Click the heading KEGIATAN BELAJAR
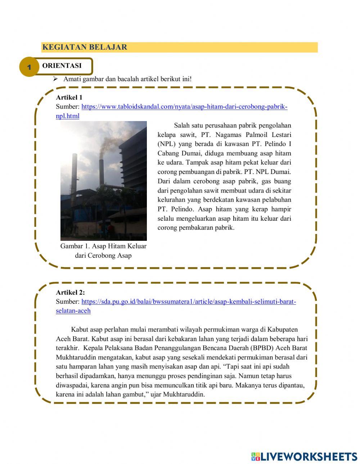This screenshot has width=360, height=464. click(85, 47)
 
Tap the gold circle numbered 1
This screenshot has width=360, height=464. click(29, 67)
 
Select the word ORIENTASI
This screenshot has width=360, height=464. click(62, 65)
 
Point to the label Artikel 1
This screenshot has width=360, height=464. click(69, 97)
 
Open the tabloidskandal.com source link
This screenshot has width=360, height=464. click(184, 107)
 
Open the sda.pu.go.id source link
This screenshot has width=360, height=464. click(188, 302)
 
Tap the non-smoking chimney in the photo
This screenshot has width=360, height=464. click(75, 173)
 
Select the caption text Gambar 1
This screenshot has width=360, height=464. click(103, 246)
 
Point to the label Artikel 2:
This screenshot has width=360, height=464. click(70, 293)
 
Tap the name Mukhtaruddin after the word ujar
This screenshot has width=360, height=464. click(184, 394)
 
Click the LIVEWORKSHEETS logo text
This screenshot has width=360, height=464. click(309, 456)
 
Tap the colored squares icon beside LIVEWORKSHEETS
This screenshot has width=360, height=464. click(256, 456)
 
